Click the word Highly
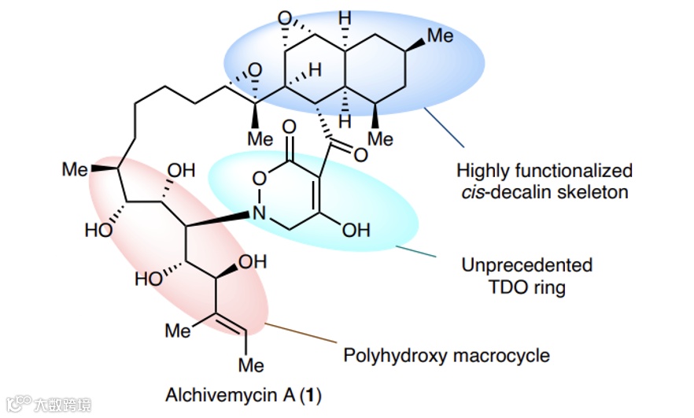pyautogui.click(x=482, y=169)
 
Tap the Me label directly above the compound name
pyautogui.click(x=251, y=365)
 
